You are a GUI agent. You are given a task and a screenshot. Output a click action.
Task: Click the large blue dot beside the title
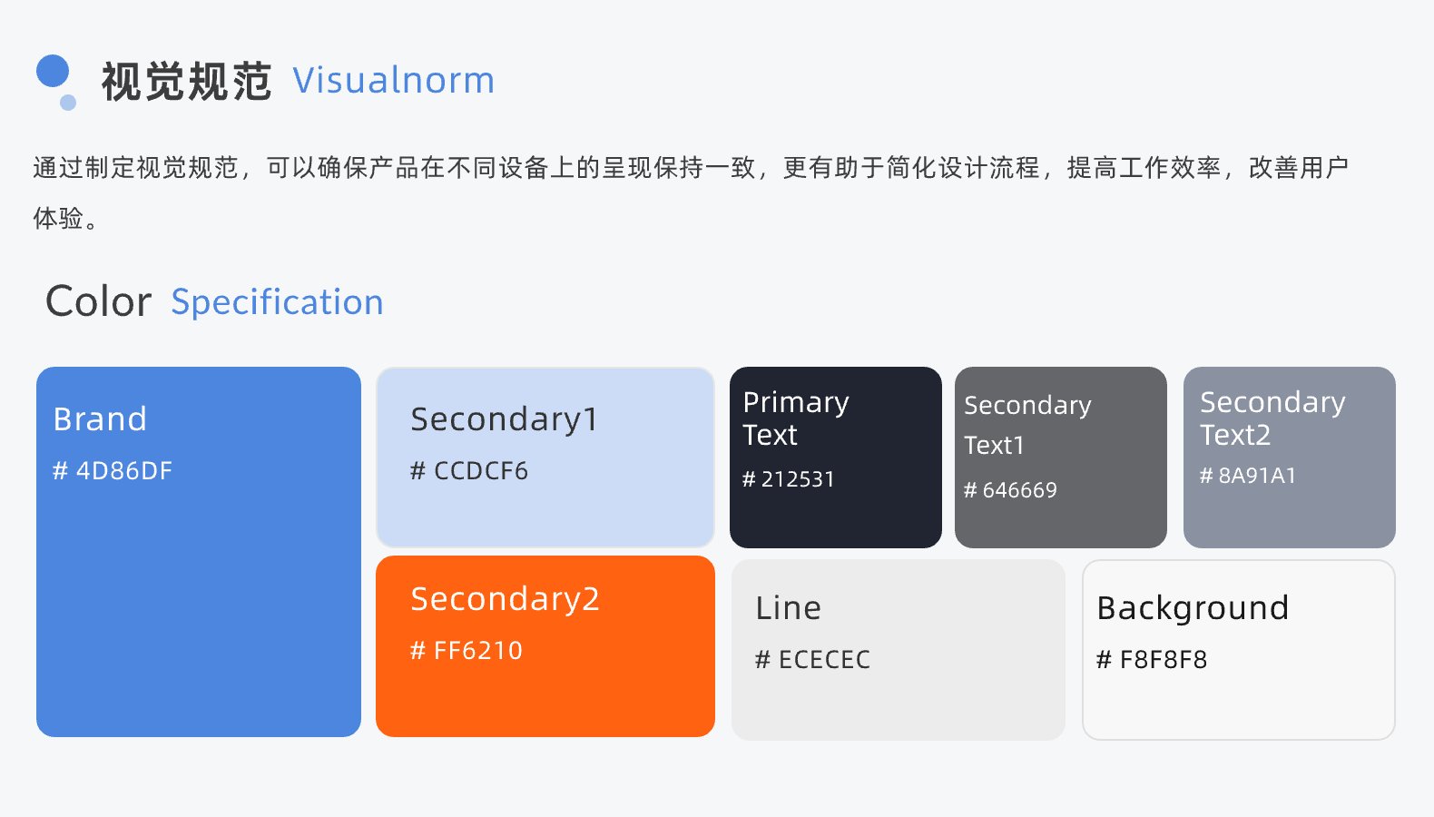(x=53, y=71)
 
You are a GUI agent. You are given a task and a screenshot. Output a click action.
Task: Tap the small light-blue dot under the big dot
(x=68, y=103)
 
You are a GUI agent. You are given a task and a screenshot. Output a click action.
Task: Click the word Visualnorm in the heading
(x=394, y=81)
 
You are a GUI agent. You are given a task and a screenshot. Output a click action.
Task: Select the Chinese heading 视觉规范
(x=187, y=82)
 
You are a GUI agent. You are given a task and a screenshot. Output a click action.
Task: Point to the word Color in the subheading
(x=99, y=301)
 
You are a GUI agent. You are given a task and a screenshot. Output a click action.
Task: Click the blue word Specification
(x=277, y=302)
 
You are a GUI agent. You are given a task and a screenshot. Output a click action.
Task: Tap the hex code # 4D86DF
(x=113, y=471)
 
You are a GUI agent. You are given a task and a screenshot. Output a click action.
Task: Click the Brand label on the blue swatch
(x=100, y=419)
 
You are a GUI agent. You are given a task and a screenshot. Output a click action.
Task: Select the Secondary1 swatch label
(x=505, y=420)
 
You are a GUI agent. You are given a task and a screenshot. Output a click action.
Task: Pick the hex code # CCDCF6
(x=469, y=471)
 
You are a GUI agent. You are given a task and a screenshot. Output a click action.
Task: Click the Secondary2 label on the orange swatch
(x=506, y=600)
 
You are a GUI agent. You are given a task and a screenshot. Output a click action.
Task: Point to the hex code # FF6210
(x=467, y=651)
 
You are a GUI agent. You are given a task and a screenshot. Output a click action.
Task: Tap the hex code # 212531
(x=788, y=479)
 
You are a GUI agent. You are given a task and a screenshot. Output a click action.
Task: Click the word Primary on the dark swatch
(x=796, y=403)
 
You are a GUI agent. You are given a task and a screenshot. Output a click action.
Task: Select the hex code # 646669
(x=1010, y=490)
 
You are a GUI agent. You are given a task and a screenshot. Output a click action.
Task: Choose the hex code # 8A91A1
(x=1248, y=476)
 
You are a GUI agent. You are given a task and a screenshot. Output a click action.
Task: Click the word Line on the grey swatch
(x=788, y=608)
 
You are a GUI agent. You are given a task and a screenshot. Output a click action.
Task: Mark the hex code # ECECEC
(x=813, y=659)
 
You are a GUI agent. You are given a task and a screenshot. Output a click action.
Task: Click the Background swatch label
(x=1193, y=609)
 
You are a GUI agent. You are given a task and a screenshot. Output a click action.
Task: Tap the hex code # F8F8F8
(x=1152, y=659)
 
